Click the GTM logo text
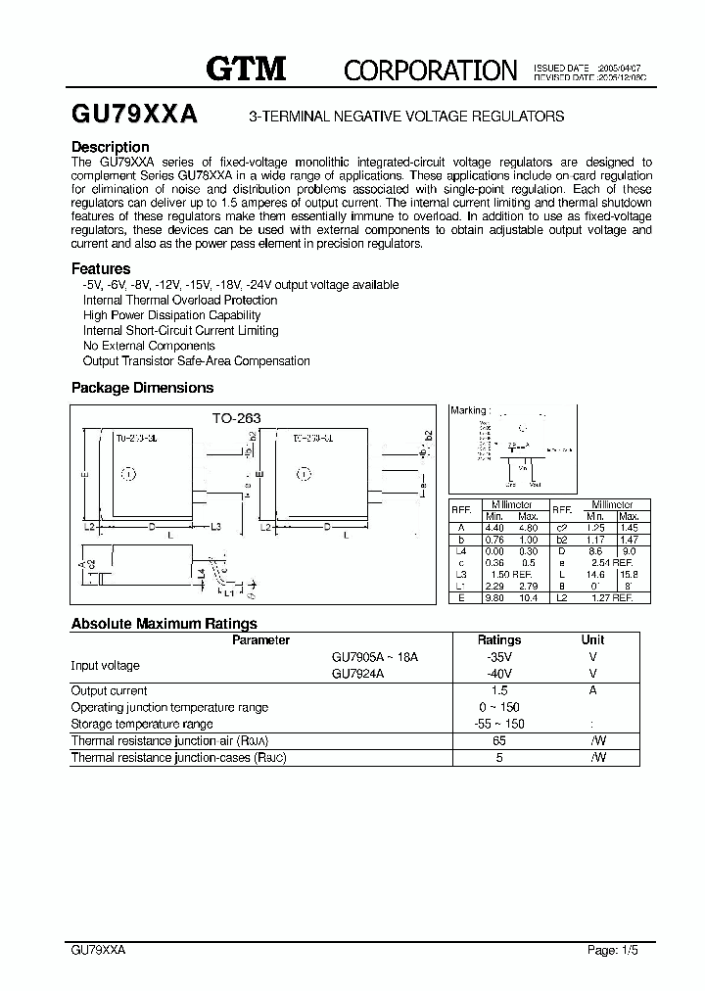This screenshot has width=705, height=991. point(245,68)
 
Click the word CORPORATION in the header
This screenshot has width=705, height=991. point(430,71)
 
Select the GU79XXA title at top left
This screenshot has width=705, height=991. point(134,115)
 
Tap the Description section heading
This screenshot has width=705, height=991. point(110,147)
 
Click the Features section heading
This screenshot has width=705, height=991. point(101,268)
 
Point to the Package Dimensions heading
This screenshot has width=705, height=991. point(142,388)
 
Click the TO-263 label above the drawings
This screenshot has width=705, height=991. point(237,417)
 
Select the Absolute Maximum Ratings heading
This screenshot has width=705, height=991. point(164,624)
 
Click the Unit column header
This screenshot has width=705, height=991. point(593,639)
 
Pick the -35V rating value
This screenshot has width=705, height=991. point(498,657)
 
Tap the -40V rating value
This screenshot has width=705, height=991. point(498,674)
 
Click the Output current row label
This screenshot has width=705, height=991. point(109,690)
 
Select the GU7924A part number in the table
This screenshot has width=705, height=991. point(357,674)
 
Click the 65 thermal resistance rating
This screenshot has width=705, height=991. point(498,741)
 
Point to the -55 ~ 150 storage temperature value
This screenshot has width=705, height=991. point(498,724)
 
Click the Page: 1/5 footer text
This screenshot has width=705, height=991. point(613,950)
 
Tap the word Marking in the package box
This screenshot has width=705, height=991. point(467,411)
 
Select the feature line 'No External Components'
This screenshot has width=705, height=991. point(149,346)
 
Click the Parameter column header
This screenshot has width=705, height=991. point(260,639)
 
